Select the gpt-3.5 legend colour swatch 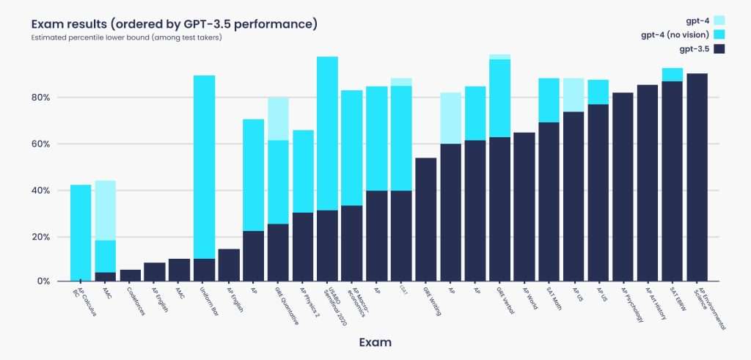point(719,49)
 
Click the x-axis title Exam point(375,342)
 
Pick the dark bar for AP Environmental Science point(697,177)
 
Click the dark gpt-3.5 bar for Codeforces point(130,276)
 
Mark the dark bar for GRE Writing point(426,219)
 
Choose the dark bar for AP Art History point(648,183)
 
